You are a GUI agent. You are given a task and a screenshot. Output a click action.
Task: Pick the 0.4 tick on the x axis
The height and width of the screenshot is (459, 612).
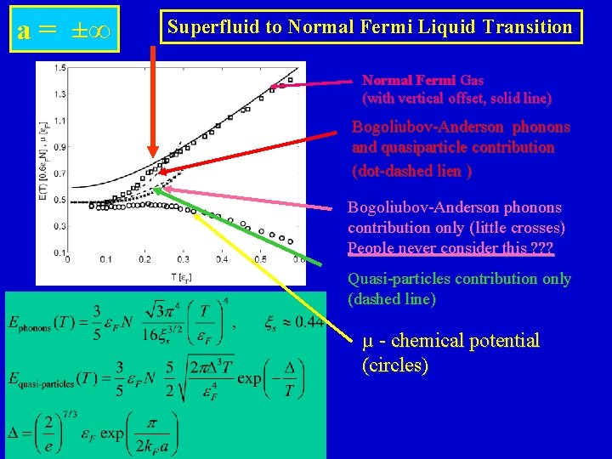(x=221, y=258)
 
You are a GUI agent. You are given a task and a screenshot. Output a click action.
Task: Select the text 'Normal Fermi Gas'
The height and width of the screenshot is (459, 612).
(x=422, y=80)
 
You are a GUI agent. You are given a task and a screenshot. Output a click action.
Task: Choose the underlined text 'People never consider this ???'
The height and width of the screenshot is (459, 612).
(x=450, y=248)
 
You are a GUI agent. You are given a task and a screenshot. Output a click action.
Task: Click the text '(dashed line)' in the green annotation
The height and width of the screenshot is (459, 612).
(x=392, y=299)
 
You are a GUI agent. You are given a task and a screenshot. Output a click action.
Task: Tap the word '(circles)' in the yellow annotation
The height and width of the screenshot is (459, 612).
(x=395, y=365)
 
